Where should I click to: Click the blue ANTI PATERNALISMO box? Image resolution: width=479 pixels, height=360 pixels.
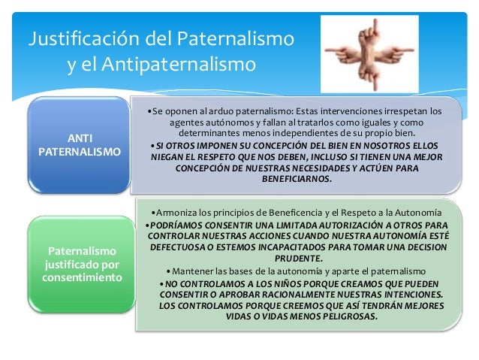tap(79, 144)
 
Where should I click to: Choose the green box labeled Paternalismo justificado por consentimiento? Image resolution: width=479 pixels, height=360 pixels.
tap(79, 263)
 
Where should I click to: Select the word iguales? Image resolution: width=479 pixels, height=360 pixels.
tap(369, 122)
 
